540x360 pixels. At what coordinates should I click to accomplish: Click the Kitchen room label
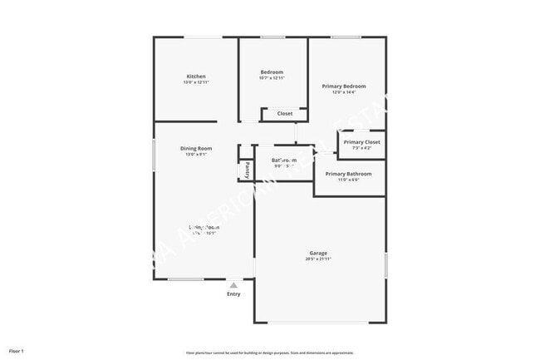(x=196, y=76)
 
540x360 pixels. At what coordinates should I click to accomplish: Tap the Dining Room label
(x=196, y=148)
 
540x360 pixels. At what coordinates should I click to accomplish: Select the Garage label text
(x=318, y=253)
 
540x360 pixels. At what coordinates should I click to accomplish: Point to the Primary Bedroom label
(x=344, y=86)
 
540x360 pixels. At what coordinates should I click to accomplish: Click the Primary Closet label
(x=361, y=142)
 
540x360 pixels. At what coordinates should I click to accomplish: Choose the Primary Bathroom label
(x=348, y=174)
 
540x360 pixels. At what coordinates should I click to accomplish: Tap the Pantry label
(x=247, y=170)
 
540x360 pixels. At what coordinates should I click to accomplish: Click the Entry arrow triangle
(x=233, y=284)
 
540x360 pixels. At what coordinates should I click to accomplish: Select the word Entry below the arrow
(x=233, y=294)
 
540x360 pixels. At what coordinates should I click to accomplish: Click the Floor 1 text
(x=17, y=350)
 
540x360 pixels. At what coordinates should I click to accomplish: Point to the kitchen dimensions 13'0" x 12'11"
(x=196, y=82)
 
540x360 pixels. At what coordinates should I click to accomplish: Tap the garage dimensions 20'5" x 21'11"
(x=318, y=259)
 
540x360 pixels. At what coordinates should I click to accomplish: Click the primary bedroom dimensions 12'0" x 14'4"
(x=344, y=92)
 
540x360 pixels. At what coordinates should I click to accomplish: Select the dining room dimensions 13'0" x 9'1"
(x=196, y=154)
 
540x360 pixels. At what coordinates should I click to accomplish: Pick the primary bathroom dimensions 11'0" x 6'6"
(x=348, y=180)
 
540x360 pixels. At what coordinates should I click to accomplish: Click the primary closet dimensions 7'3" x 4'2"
(x=361, y=148)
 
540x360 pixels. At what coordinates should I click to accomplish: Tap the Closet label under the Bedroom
(x=285, y=114)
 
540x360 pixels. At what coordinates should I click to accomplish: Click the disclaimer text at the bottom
(x=269, y=353)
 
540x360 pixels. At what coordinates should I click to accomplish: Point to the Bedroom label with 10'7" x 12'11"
(x=272, y=72)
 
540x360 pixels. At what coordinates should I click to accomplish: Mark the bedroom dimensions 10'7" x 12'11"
(x=272, y=77)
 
